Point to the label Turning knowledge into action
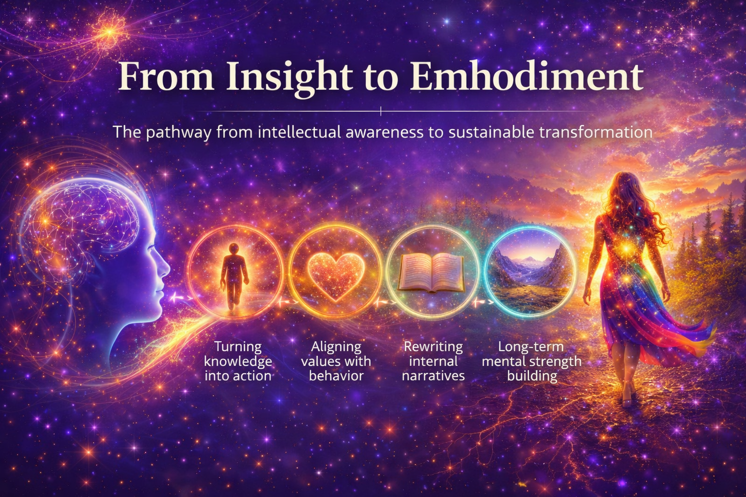pyautogui.click(x=238, y=361)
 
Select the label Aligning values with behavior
pyautogui.click(x=336, y=361)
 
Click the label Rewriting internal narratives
pyautogui.click(x=433, y=361)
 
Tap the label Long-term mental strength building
pyautogui.click(x=531, y=361)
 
